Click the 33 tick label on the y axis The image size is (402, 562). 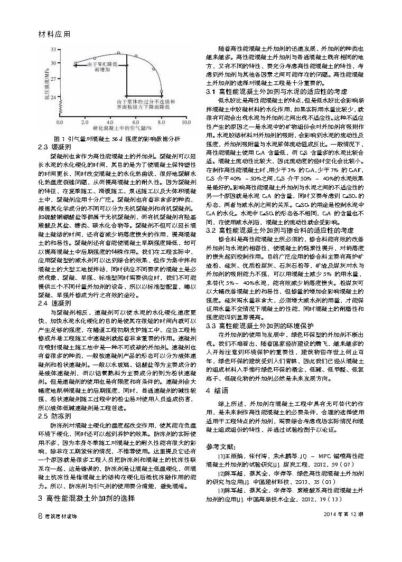point(53,49)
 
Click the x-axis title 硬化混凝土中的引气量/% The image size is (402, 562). point(122,128)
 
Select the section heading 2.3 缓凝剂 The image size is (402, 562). point(52,146)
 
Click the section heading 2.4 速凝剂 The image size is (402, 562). point(52,303)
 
